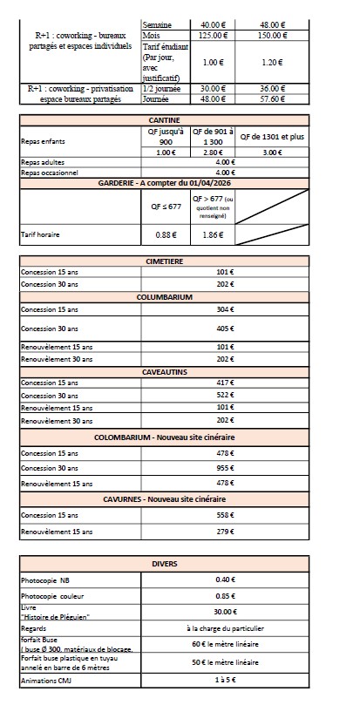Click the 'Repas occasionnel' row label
click(x=51, y=173)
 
